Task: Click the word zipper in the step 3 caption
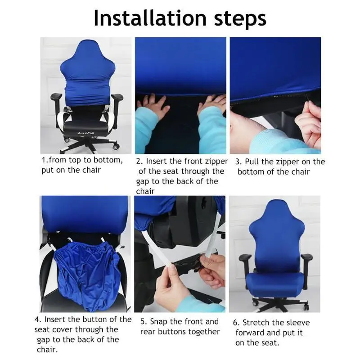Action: pos(283,162)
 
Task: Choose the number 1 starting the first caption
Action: pos(44,160)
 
